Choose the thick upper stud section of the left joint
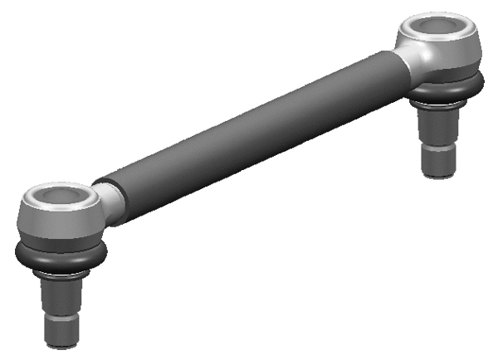pos(61,294)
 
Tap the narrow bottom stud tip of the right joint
pos(440,162)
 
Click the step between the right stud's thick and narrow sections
pos(440,146)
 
